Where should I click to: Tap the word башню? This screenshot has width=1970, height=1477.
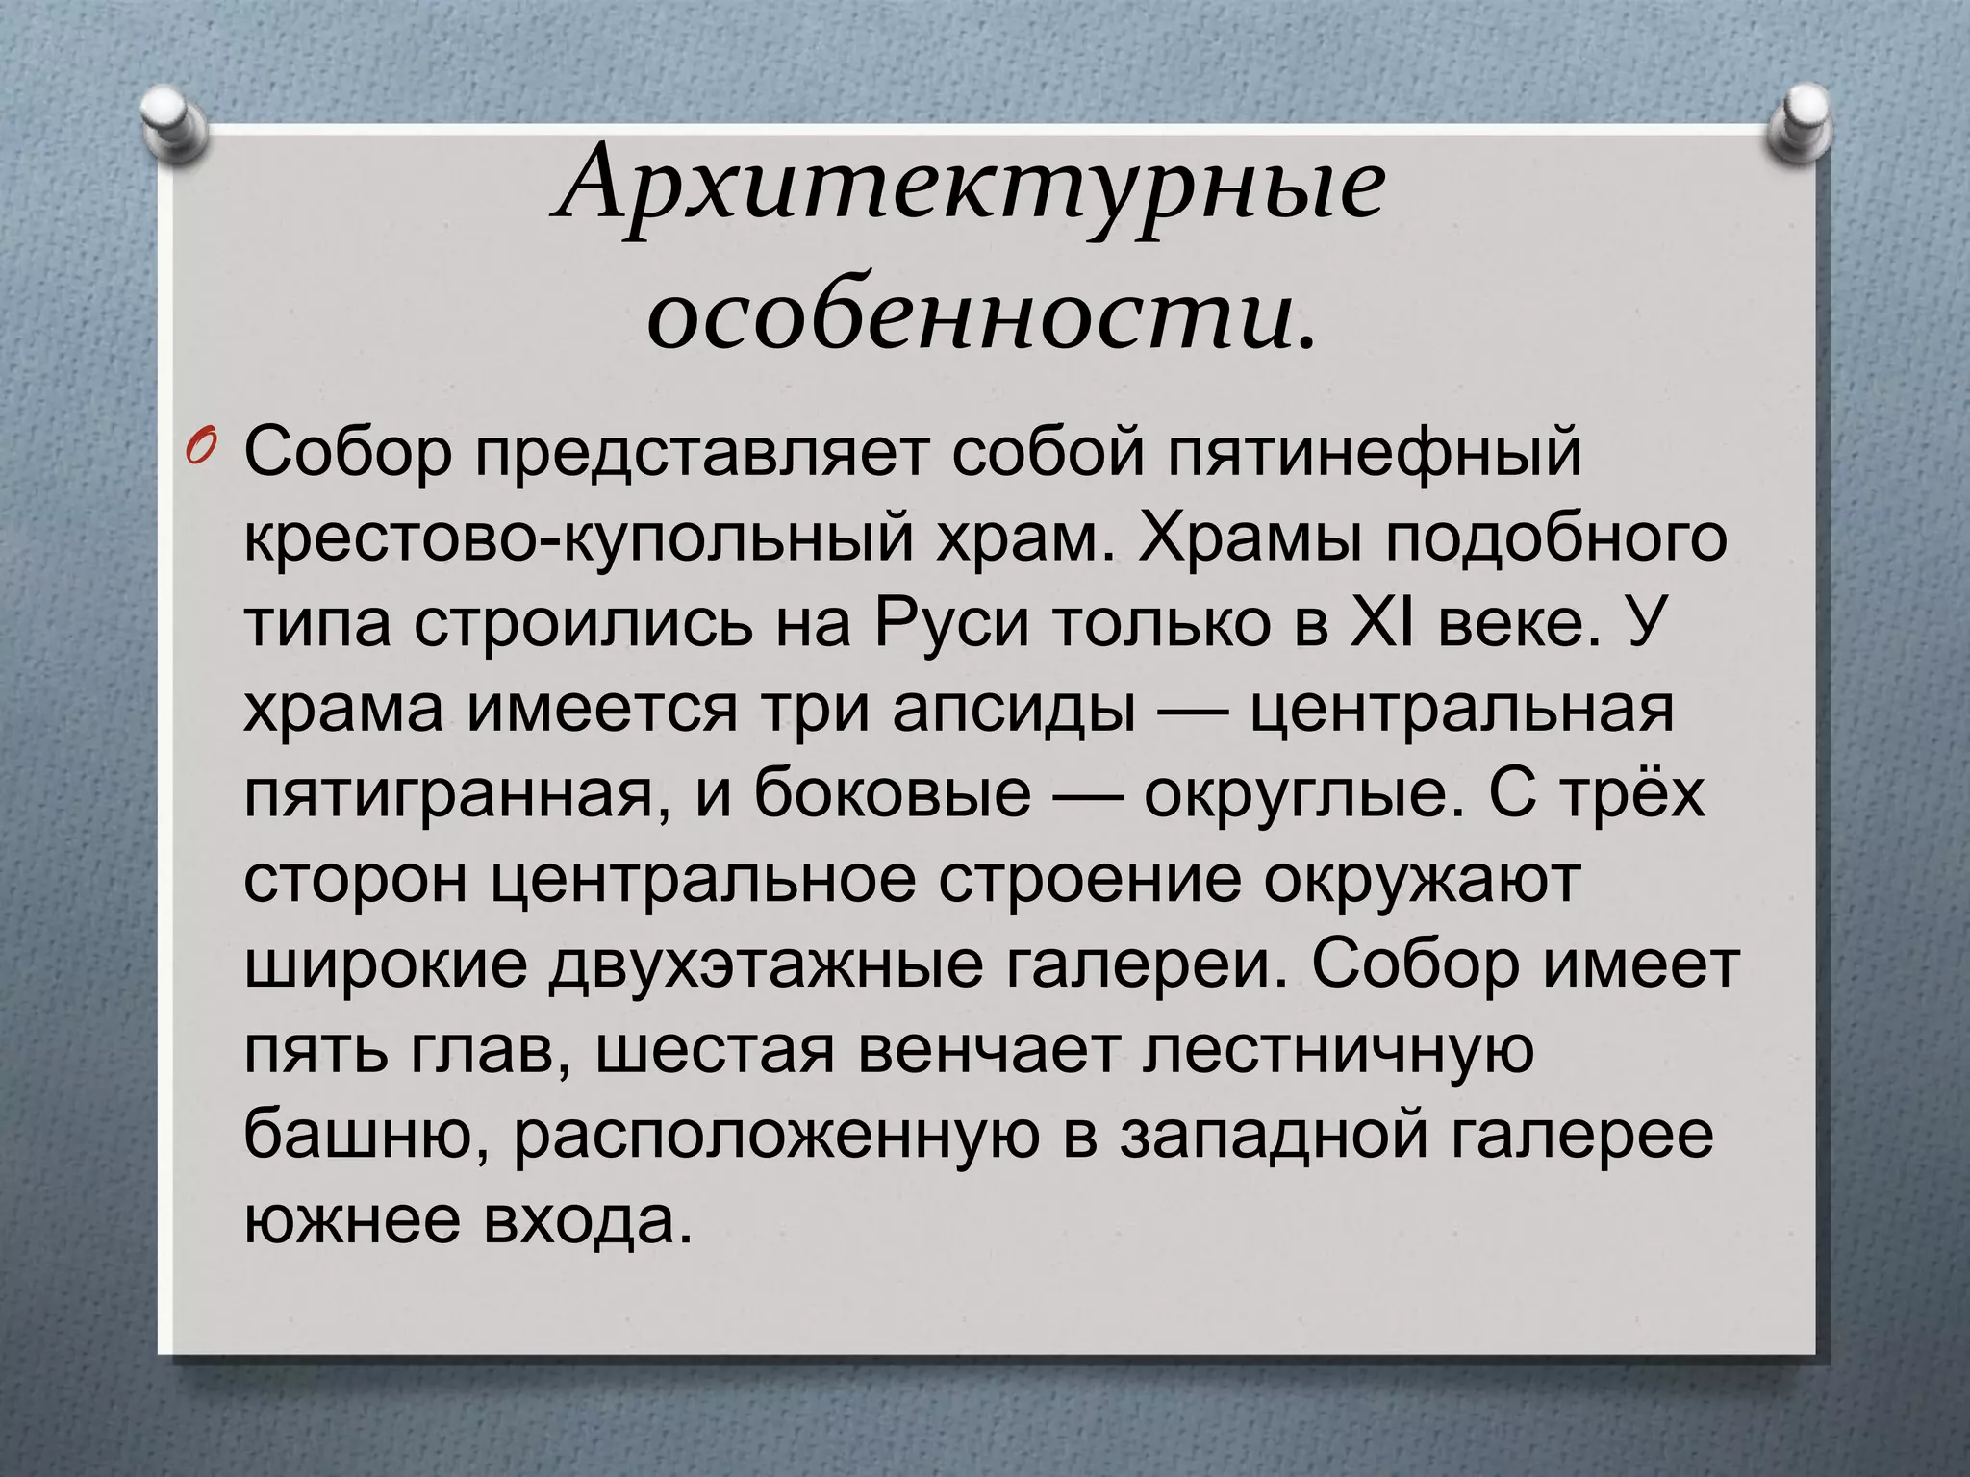click(369, 1136)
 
